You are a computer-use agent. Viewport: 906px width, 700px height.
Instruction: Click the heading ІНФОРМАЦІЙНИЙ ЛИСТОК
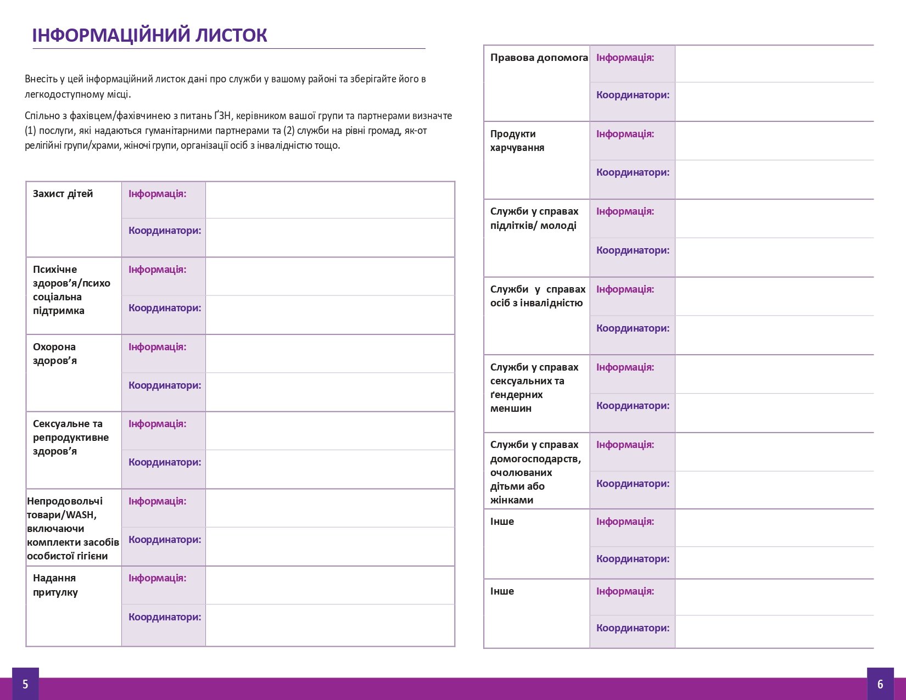149,35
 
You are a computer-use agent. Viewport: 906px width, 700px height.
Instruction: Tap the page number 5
25,684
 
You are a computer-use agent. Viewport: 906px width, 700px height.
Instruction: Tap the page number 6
880,684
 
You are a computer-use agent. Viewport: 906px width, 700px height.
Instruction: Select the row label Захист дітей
63,194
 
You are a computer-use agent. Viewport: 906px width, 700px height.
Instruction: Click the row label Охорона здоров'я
54,354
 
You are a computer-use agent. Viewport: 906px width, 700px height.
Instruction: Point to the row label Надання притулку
55,585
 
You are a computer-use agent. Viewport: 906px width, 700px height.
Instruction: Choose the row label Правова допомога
539,58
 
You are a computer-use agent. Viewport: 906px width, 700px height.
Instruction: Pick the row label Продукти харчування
517,141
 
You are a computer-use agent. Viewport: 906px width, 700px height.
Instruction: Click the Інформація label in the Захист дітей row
157,194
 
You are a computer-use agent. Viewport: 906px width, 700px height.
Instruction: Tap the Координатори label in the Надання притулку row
165,617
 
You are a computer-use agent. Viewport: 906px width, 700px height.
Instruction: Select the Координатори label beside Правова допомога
633,95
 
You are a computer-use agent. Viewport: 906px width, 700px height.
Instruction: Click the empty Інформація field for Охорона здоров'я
329,354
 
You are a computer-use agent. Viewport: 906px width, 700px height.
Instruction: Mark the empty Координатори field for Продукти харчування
774,180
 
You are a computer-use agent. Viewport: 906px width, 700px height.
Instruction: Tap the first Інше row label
502,522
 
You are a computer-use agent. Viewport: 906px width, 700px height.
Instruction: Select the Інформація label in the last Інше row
625,591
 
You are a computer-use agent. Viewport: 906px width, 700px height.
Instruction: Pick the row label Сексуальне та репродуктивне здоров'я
70,438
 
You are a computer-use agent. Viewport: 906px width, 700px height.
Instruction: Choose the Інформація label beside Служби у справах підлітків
625,211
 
